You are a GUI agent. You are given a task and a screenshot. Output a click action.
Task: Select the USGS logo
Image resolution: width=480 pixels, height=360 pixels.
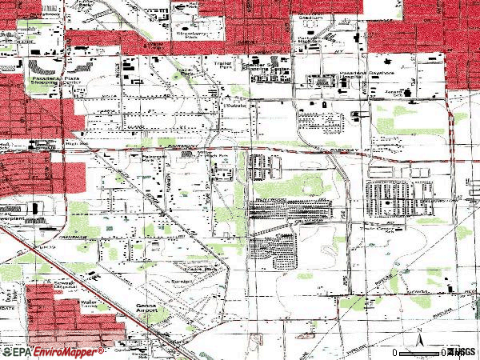pos(462,351)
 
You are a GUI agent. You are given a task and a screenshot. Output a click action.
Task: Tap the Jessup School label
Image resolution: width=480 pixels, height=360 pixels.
pos(411,93)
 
